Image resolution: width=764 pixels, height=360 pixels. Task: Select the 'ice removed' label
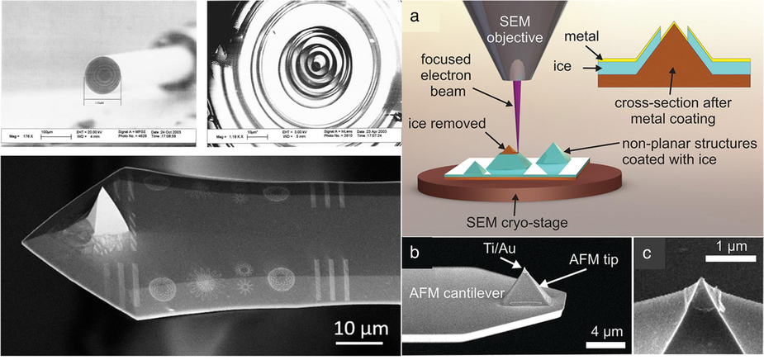(x=447, y=128)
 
